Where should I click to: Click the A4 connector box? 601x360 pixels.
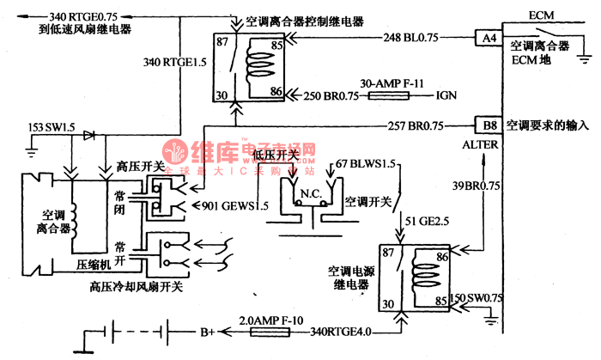pyautogui.click(x=488, y=38)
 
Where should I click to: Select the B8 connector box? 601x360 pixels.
pyautogui.click(x=489, y=125)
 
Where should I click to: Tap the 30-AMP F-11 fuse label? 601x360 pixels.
pyautogui.click(x=398, y=83)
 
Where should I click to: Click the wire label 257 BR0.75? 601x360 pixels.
pyautogui.click(x=416, y=125)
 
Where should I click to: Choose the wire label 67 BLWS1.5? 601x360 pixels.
pyautogui.click(x=365, y=162)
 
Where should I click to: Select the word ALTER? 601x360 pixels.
pyautogui.click(x=480, y=146)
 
